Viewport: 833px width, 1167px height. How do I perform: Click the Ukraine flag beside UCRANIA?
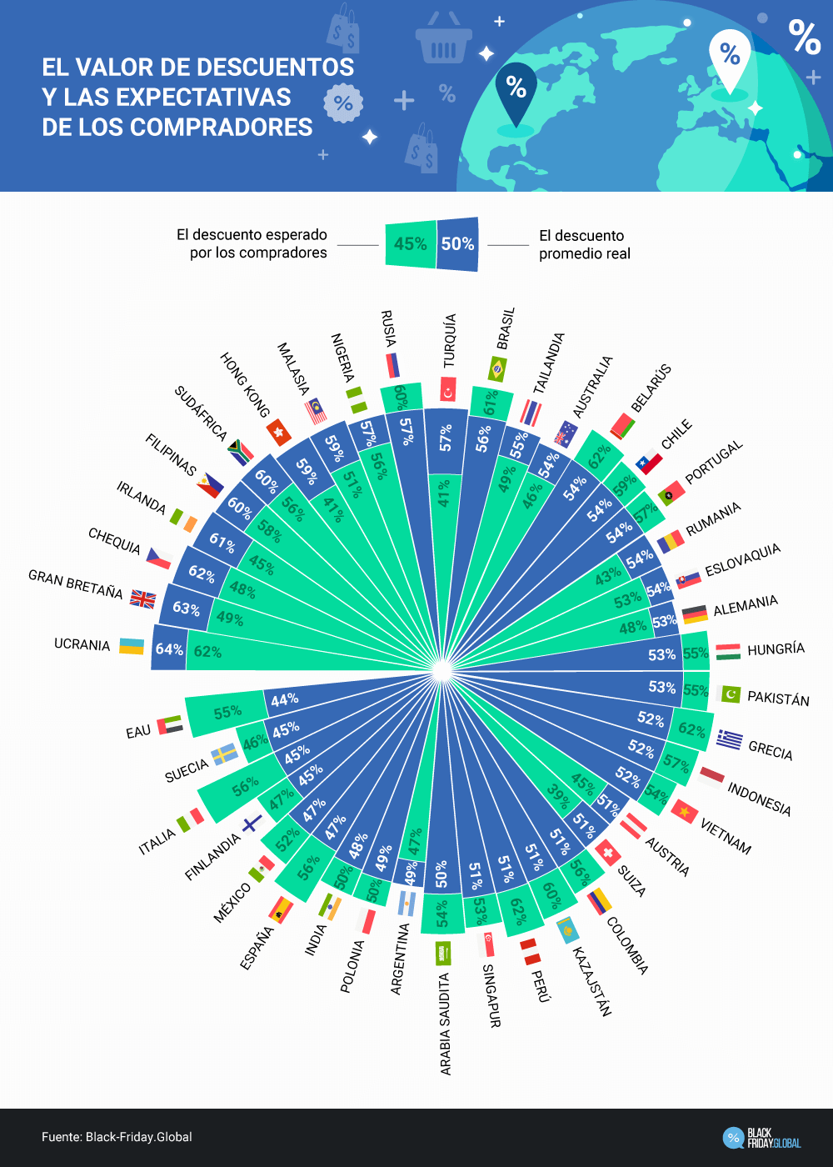(x=132, y=647)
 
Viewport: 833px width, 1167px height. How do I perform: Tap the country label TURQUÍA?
(x=450, y=340)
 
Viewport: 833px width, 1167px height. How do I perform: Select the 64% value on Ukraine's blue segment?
(x=169, y=649)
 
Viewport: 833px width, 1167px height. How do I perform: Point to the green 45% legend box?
(x=410, y=244)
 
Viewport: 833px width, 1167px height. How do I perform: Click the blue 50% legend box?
(x=458, y=244)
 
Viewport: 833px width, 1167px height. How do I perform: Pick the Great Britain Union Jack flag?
(x=142, y=599)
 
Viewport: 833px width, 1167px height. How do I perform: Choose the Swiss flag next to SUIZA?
(x=608, y=852)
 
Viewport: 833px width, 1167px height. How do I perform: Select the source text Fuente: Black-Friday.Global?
(x=117, y=1137)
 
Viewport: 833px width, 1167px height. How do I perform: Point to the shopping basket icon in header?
(x=444, y=39)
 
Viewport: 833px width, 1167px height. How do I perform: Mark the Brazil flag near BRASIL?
(x=497, y=368)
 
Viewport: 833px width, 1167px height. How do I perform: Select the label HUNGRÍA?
(x=776, y=649)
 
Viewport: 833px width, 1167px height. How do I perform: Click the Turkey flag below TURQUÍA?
(x=448, y=389)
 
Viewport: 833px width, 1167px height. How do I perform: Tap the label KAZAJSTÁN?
(x=592, y=981)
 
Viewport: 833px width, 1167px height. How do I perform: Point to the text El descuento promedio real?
(x=585, y=244)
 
